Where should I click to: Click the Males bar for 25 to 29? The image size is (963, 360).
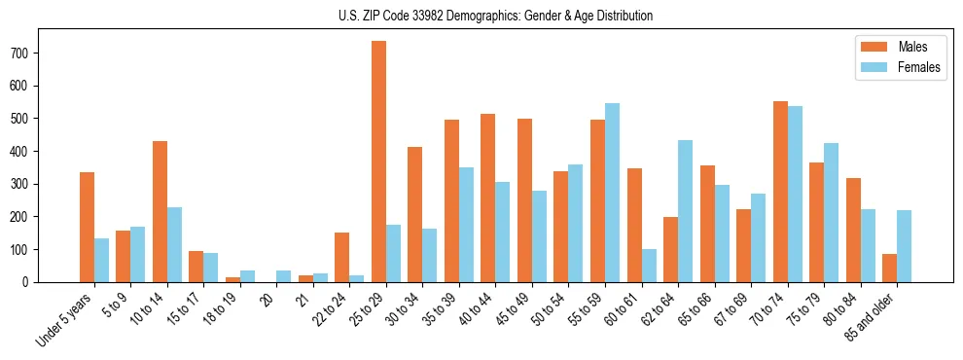click(378, 162)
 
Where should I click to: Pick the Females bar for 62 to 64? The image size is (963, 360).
click(685, 211)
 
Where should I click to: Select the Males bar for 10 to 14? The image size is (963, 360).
click(160, 211)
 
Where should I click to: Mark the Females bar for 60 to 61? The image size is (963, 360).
click(649, 266)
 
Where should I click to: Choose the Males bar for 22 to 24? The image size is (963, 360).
click(342, 257)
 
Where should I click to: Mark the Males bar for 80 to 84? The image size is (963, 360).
click(853, 230)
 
